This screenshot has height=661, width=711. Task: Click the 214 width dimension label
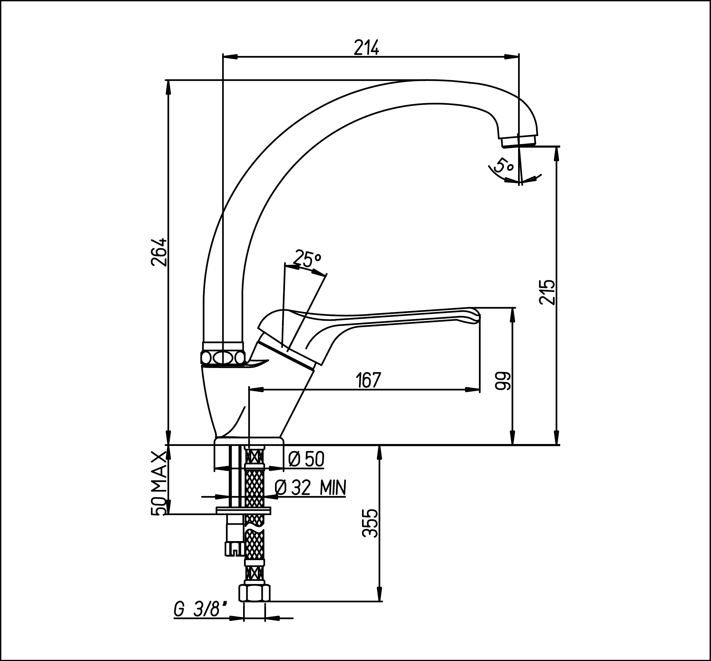pos(366,48)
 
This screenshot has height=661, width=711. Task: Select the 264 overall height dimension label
pos(159,252)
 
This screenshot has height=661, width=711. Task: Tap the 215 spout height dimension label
pos(547,292)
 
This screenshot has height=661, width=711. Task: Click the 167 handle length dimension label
pos(369,380)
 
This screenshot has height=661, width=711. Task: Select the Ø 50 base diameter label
pos(306,459)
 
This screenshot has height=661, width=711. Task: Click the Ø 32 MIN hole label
pos(311,488)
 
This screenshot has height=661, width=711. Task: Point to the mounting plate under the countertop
pos(244,510)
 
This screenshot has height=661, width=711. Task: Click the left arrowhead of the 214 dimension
pos(230,56)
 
